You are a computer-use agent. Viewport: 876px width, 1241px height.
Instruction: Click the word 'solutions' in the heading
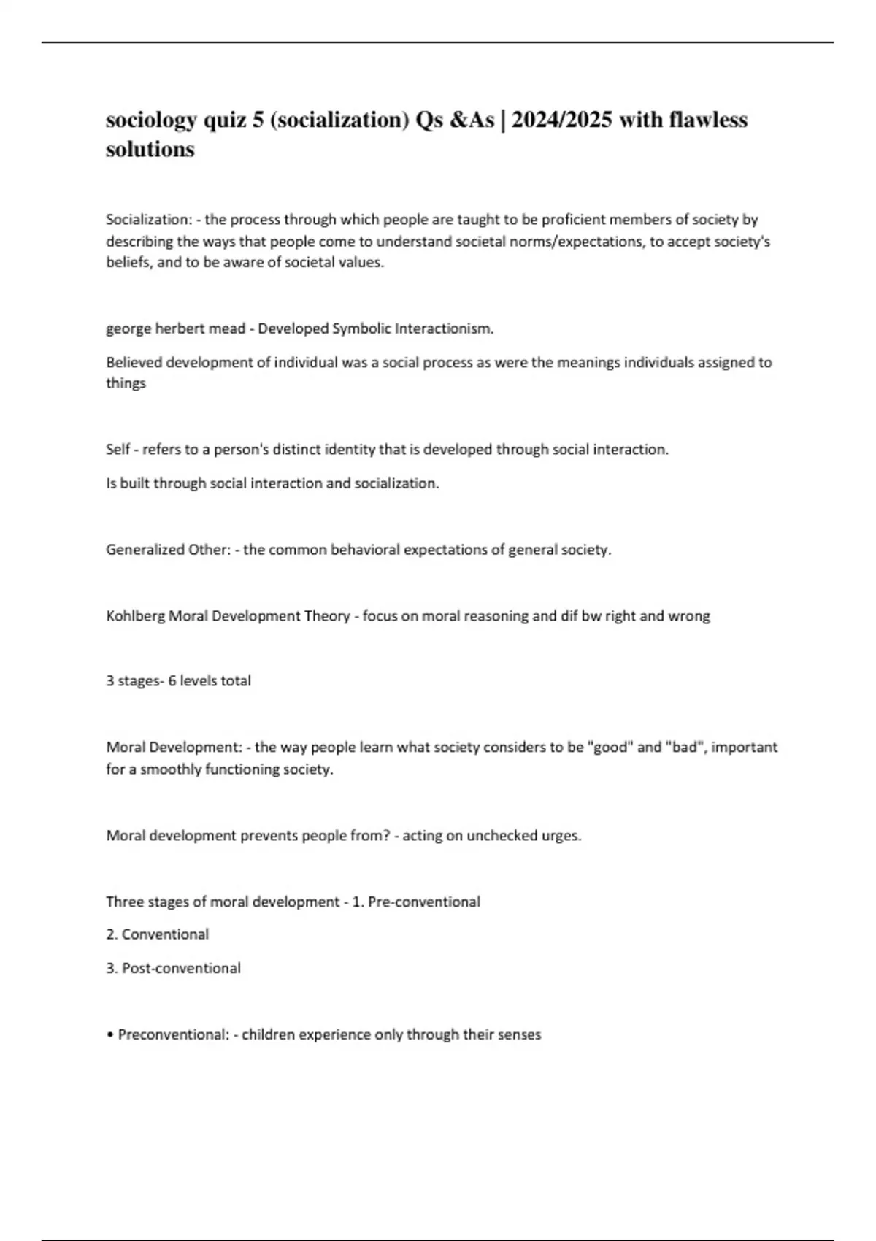coord(150,150)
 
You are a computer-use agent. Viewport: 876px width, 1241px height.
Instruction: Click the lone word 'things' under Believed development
coord(126,383)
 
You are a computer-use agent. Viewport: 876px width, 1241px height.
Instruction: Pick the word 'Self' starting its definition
coord(118,450)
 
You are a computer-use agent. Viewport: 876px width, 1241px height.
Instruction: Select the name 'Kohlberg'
coord(135,616)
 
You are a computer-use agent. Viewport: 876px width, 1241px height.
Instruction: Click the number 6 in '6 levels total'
coord(172,681)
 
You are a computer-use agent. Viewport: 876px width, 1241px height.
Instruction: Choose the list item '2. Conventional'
coord(157,934)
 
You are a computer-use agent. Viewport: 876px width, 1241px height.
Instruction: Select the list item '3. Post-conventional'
coord(173,968)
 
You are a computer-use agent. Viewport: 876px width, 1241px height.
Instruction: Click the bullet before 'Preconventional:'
coord(109,1035)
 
